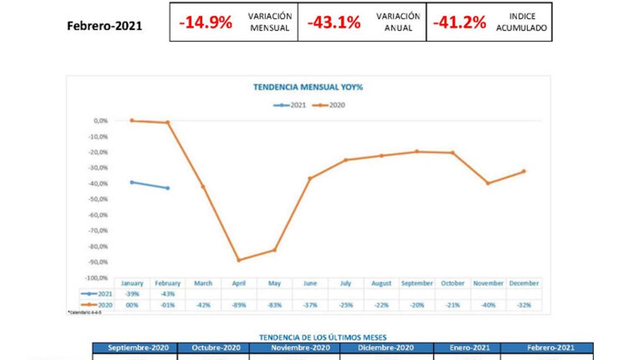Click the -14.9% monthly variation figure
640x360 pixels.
coord(205,22)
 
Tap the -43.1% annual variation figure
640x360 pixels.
coord(334,22)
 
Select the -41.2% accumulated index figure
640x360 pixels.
coord(459,22)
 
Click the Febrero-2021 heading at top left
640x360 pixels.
coord(104,26)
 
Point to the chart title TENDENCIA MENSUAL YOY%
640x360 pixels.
coord(308,87)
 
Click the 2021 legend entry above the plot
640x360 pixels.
coord(290,105)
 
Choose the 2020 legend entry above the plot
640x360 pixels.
coord(329,105)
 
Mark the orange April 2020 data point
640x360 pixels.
coord(239,260)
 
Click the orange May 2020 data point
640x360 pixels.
coord(274,250)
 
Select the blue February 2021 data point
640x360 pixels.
coord(168,188)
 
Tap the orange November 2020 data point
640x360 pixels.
coord(488,183)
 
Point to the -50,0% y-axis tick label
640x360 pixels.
coord(98,199)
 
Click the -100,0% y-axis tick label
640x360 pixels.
coord(96,278)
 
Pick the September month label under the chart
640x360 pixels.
coord(417,283)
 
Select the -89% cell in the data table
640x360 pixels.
coord(239,305)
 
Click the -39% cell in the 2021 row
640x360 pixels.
coord(132,294)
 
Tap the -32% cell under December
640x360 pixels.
coord(524,305)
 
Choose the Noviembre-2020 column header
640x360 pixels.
coord(300,348)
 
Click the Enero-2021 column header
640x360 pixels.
coord(470,348)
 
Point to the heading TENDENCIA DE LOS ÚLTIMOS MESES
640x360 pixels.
coord(323,338)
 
